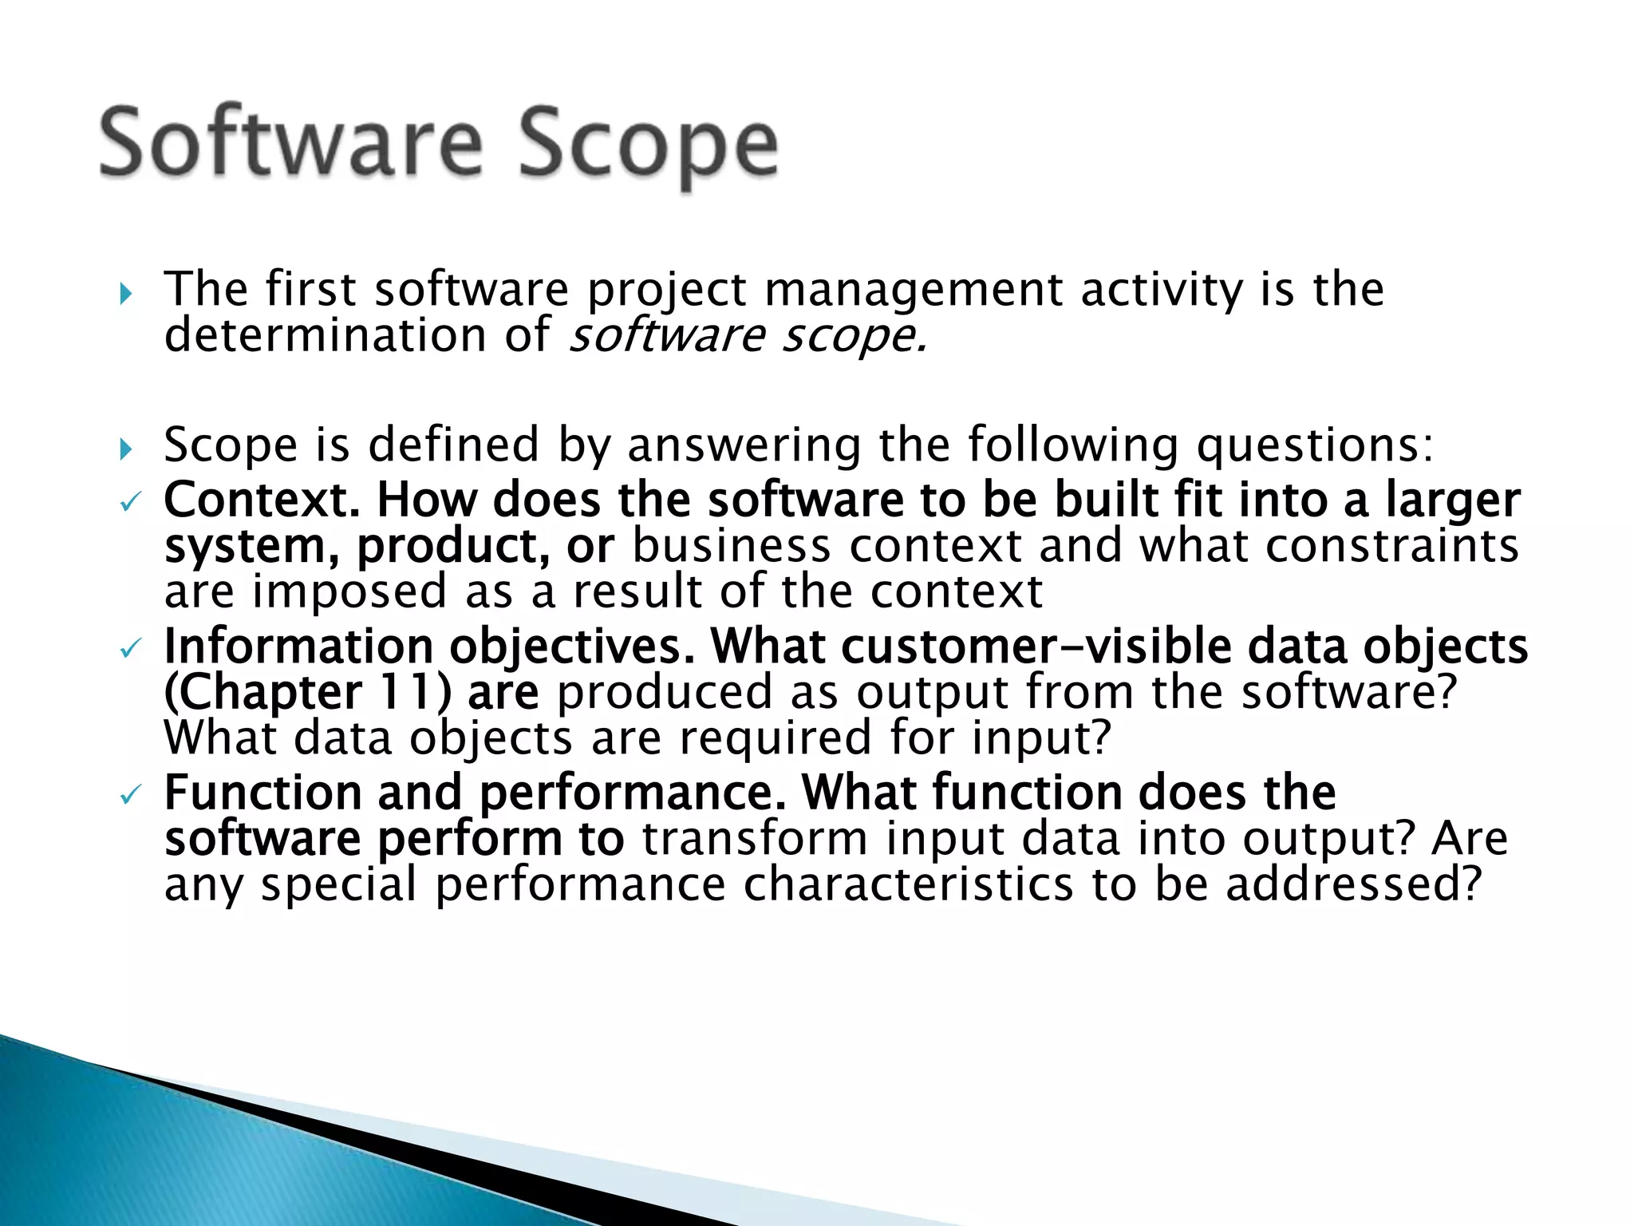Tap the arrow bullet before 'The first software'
click(x=125, y=294)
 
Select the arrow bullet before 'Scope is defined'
click(x=125, y=449)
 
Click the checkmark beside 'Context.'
click(x=129, y=503)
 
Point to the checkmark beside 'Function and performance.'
click(x=129, y=794)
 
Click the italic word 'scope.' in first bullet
click(x=854, y=335)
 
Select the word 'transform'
click(x=755, y=840)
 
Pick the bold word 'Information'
click(x=298, y=647)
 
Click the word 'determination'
click(x=326, y=335)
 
